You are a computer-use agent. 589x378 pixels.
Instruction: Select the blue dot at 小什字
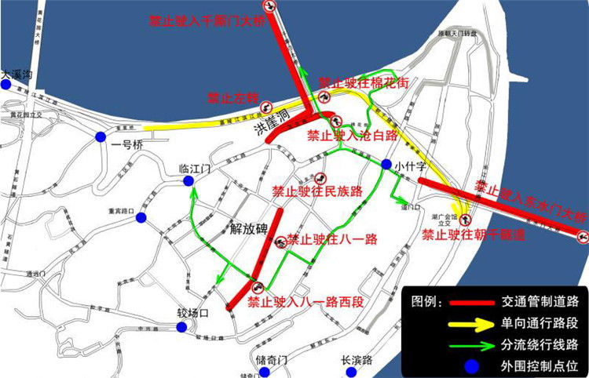[x=387, y=165]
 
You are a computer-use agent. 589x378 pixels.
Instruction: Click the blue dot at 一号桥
[x=101, y=136]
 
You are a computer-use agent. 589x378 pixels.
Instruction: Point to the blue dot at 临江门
[x=188, y=181]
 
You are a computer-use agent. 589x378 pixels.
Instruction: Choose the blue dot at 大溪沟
[x=6, y=85]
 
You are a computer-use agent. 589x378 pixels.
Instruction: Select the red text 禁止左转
[x=232, y=98]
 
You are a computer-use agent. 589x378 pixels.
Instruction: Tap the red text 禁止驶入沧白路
[x=351, y=135]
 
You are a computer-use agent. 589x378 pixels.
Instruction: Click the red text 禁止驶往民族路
[x=317, y=191]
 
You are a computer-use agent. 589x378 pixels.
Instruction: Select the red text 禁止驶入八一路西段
[x=296, y=300]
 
